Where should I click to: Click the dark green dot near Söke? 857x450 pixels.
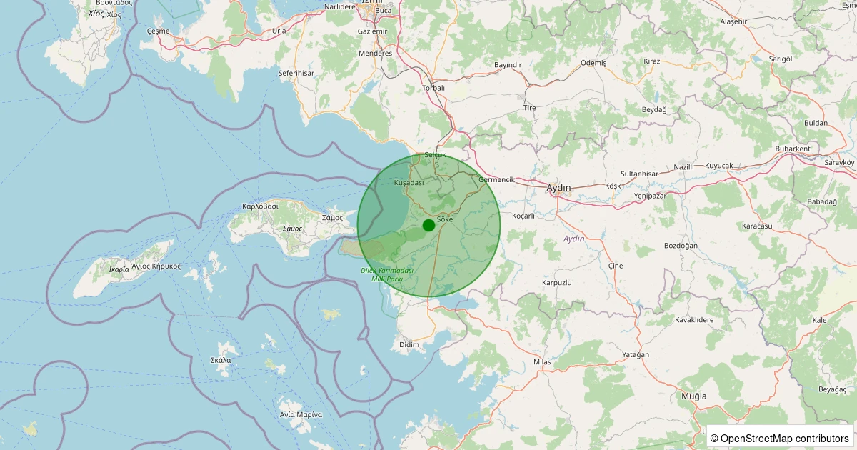(x=428, y=225)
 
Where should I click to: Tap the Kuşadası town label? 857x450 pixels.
(x=409, y=184)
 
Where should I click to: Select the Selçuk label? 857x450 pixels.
(x=435, y=155)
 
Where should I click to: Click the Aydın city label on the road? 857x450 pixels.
(x=558, y=188)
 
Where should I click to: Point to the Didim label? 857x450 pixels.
(x=409, y=345)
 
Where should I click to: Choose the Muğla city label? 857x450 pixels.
(x=693, y=396)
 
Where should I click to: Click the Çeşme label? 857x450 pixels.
(x=158, y=31)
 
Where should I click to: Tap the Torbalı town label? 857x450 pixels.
(x=433, y=88)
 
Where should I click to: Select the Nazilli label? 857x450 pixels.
(x=684, y=167)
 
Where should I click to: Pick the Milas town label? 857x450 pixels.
(x=543, y=362)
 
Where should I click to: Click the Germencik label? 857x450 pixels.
(x=497, y=179)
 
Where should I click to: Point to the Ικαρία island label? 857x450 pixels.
(x=119, y=270)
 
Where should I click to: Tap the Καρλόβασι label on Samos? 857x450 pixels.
(x=260, y=206)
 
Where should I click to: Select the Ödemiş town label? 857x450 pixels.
(x=593, y=63)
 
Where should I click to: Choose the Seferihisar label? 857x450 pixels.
(x=296, y=73)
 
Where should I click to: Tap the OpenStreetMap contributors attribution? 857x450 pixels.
(x=781, y=438)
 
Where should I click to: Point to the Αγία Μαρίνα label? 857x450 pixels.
(x=301, y=415)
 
